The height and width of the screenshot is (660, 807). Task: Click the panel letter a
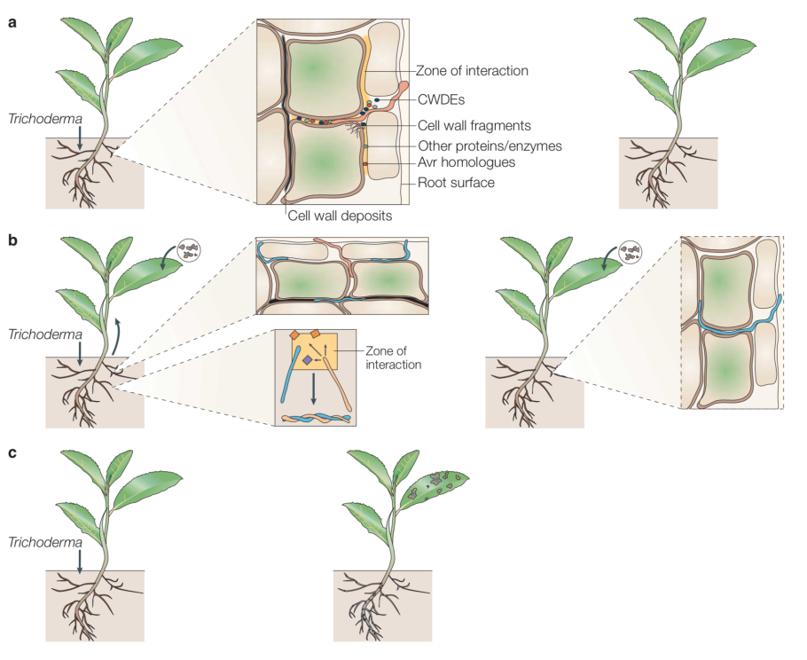pos(12,24)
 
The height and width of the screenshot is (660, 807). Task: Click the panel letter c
pos(12,453)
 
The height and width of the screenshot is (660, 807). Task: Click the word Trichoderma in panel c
pos(43,539)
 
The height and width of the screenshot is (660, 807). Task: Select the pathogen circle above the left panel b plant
pos(187,251)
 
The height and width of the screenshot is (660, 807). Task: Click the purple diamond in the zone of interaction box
pos(306,361)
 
